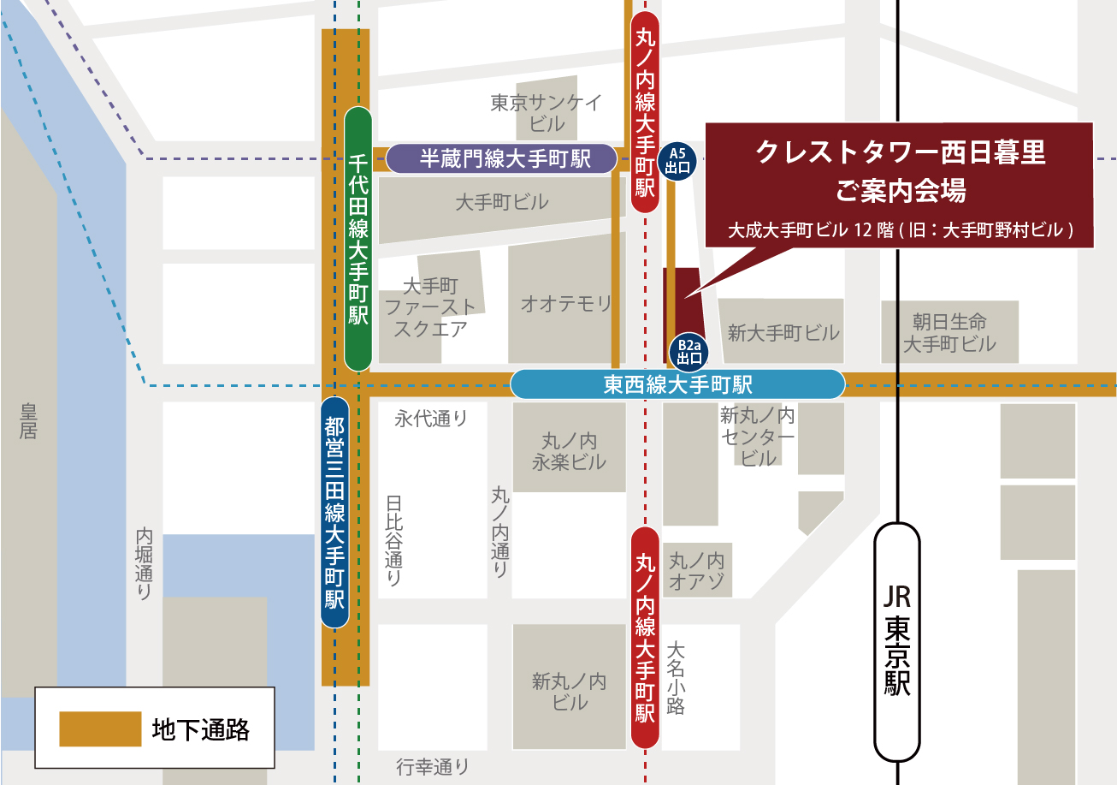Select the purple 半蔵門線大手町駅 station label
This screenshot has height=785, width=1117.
[502, 158]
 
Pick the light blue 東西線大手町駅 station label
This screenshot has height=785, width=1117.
[677, 384]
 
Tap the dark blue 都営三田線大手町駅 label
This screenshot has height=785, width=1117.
[334, 512]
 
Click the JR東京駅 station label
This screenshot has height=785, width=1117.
[897, 641]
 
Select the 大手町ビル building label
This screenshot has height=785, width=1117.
[502, 203]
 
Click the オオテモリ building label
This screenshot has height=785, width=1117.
[567, 303]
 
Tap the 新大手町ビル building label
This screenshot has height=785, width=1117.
[783, 333]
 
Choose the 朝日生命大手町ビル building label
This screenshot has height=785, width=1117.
[949, 333]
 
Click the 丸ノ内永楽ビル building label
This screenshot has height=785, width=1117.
[569, 451]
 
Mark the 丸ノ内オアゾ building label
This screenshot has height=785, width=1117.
[696, 572]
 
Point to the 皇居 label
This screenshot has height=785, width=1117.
[28, 419]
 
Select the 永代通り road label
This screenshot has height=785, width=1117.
[431, 419]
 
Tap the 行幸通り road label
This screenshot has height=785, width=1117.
[433, 767]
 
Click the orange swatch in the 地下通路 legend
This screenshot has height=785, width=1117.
[100, 729]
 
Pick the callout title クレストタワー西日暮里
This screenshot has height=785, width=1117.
[901, 153]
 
